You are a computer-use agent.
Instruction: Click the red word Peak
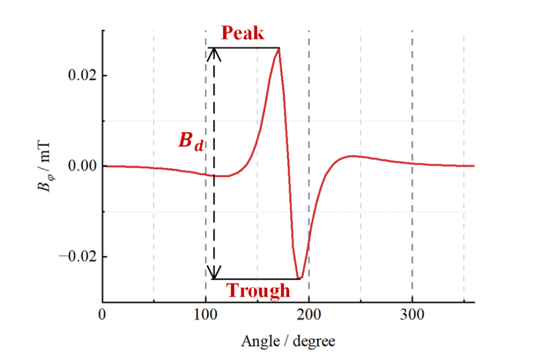(242, 34)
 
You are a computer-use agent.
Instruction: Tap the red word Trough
(259, 290)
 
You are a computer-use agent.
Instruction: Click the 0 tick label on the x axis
(103, 314)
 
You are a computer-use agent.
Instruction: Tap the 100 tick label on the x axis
(206, 314)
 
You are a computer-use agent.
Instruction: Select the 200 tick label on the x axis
(309, 314)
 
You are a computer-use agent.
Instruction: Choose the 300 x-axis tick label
(412, 314)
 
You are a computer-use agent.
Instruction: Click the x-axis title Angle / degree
(288, 340)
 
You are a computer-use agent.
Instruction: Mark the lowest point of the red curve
(299, 279)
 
